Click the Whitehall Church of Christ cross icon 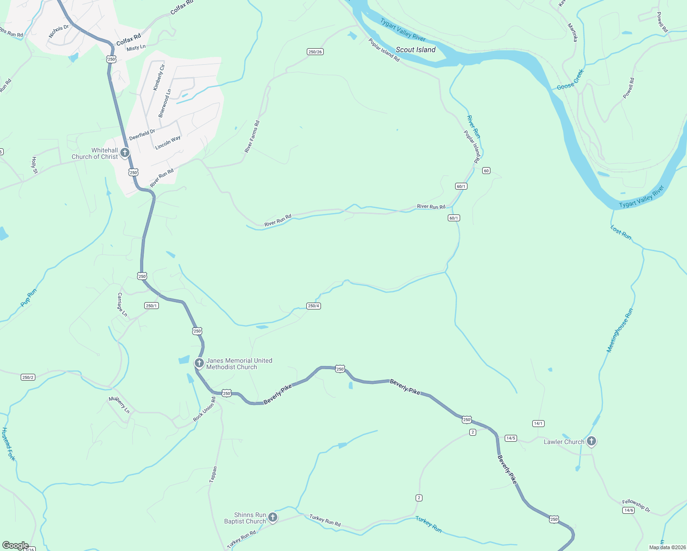124,152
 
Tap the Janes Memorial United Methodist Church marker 199,363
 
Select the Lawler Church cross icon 591,441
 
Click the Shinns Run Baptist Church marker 273,517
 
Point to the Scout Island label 415,50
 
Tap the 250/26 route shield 315,52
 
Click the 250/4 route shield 314,306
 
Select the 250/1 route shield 152,306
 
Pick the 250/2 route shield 28,377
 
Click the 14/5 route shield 511,438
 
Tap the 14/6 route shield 628,510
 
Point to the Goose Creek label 570,80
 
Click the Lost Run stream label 621,232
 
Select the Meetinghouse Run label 620,330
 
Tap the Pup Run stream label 28,298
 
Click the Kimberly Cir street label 159,78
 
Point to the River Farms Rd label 252,136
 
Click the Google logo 15,545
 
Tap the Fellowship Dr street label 636,506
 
